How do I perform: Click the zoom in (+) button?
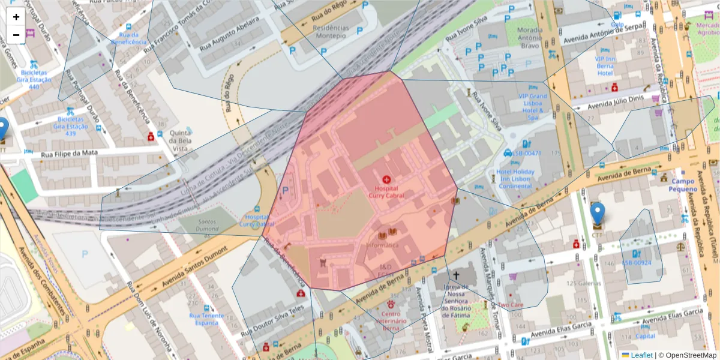click(x=16, y=17)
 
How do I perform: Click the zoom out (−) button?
click(x=16, y=35)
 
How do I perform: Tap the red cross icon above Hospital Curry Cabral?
click(x=386, y=179)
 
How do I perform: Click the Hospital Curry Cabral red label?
click(x=386, y=192)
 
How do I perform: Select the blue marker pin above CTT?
click(x=597, y=214)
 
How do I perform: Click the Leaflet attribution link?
click(x=641, y=355)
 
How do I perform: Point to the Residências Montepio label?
click(x=331, y=31)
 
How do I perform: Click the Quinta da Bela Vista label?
click(x=180, y=139)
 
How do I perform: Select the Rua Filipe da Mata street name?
click(x=69, y=153)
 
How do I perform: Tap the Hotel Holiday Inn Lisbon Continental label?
click(x=515, y=179)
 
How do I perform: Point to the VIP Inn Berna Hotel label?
click(x=605, y=65)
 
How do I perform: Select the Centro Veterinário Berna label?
click(x=391, y=321)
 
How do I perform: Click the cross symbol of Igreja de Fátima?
click(x=456, y=275)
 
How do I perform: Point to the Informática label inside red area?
click(x=382, y=245)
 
